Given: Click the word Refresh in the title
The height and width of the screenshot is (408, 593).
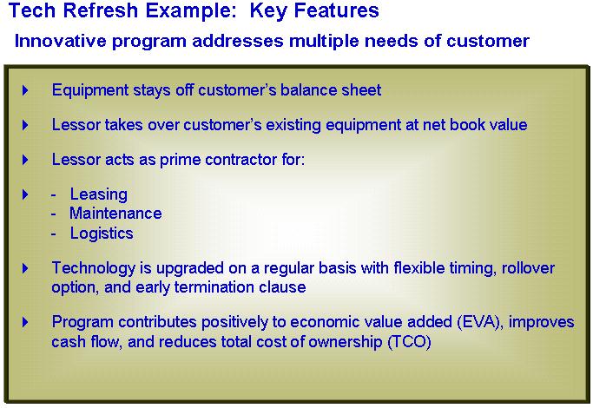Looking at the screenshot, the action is click(x=101, y=10).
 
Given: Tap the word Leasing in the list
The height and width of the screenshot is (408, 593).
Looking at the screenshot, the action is click(x=99, y=194).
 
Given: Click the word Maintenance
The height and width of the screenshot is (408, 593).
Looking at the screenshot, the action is click(x=115, y=214).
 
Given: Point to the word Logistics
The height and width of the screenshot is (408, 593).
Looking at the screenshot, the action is click(x=102, y=234).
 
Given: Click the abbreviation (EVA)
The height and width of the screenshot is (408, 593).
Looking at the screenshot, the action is click(x=480, y=322).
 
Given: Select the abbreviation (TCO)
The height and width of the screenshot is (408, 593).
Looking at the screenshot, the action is click(x=409, y=342).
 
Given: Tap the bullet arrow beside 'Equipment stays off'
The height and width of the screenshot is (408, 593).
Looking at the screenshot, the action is click(x=25, y=90).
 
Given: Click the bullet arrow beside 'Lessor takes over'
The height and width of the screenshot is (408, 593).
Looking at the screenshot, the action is click(x=25, y=125).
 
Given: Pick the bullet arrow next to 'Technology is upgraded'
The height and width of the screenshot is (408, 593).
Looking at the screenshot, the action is click(x=25, y=268).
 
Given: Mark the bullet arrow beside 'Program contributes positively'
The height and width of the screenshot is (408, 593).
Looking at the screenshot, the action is click(x=25, y=322).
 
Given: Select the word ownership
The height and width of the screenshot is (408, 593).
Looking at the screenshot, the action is click(x=345, y=342).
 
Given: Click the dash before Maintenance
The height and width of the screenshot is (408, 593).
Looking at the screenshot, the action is click(x=53, y=214).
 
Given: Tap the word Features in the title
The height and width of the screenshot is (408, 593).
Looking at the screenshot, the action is click(x=337, y=10).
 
